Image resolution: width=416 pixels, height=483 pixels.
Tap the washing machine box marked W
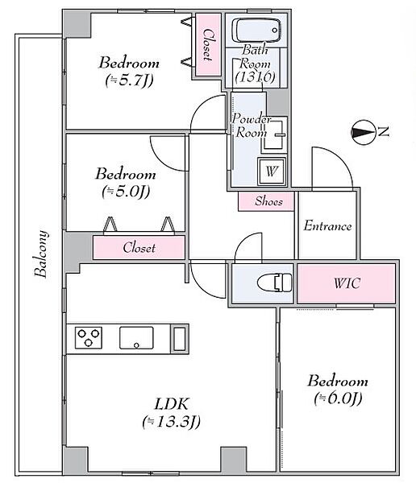click(272, 171)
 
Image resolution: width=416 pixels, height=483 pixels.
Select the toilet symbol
click(274, 283)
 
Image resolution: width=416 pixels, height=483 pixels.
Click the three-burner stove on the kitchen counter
click(89, 337)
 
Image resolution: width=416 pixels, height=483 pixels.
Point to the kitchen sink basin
click(136, 338)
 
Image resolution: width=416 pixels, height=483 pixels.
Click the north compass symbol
click(364, 133)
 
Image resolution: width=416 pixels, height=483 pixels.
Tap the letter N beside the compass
click(384, 132)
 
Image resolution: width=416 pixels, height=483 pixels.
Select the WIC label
click(347, 283)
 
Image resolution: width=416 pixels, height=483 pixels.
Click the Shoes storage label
click(268, 201)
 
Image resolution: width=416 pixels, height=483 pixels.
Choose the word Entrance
click(327, 225)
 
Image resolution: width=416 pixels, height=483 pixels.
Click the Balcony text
click(42, 254)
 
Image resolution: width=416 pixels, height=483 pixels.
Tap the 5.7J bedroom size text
click(129, 80)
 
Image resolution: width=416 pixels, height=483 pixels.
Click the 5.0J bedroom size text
click(126, 192)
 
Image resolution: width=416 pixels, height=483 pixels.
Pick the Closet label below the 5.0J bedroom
click(139, 248)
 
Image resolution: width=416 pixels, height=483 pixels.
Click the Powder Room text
click(251, 126)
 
